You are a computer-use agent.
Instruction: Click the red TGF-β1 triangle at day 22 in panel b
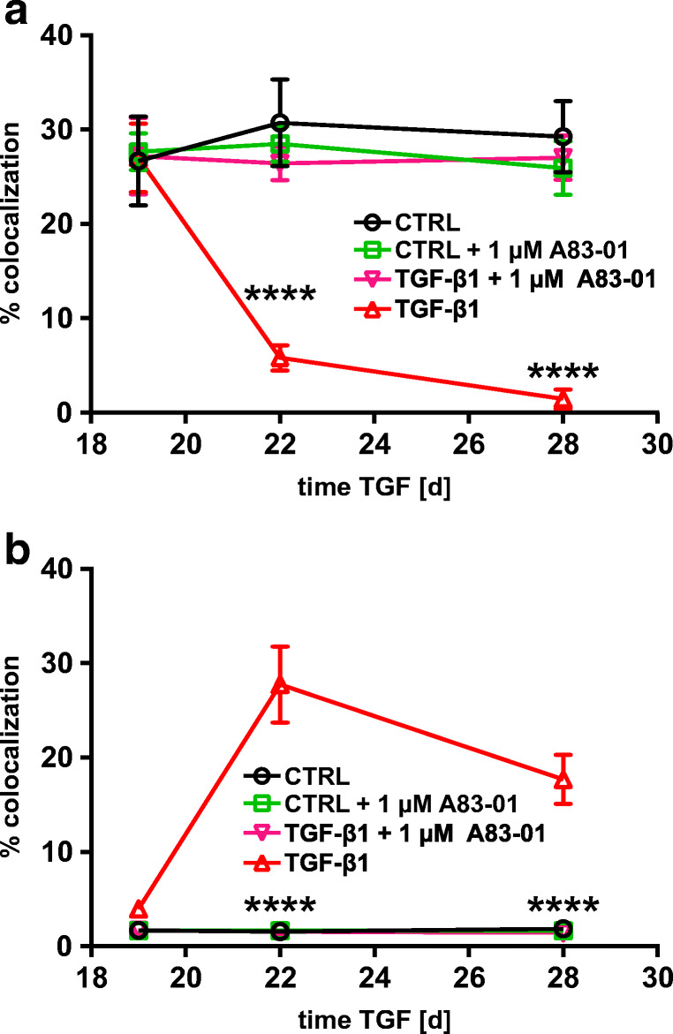click(280, 684)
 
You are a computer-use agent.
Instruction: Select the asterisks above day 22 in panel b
click(279, 907)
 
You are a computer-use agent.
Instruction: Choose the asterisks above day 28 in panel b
click(563, 907)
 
